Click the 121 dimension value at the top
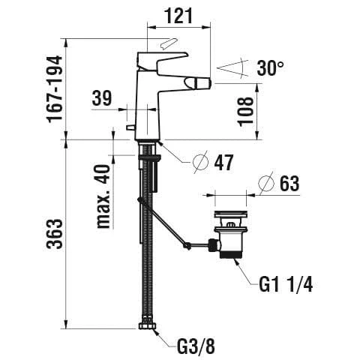179,16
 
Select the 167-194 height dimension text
55,89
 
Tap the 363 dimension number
55,234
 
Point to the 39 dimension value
102,98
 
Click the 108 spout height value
245,111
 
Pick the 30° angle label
270,67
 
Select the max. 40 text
103,196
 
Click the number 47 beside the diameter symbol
223,163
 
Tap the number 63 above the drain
289,184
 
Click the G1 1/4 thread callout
286,285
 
